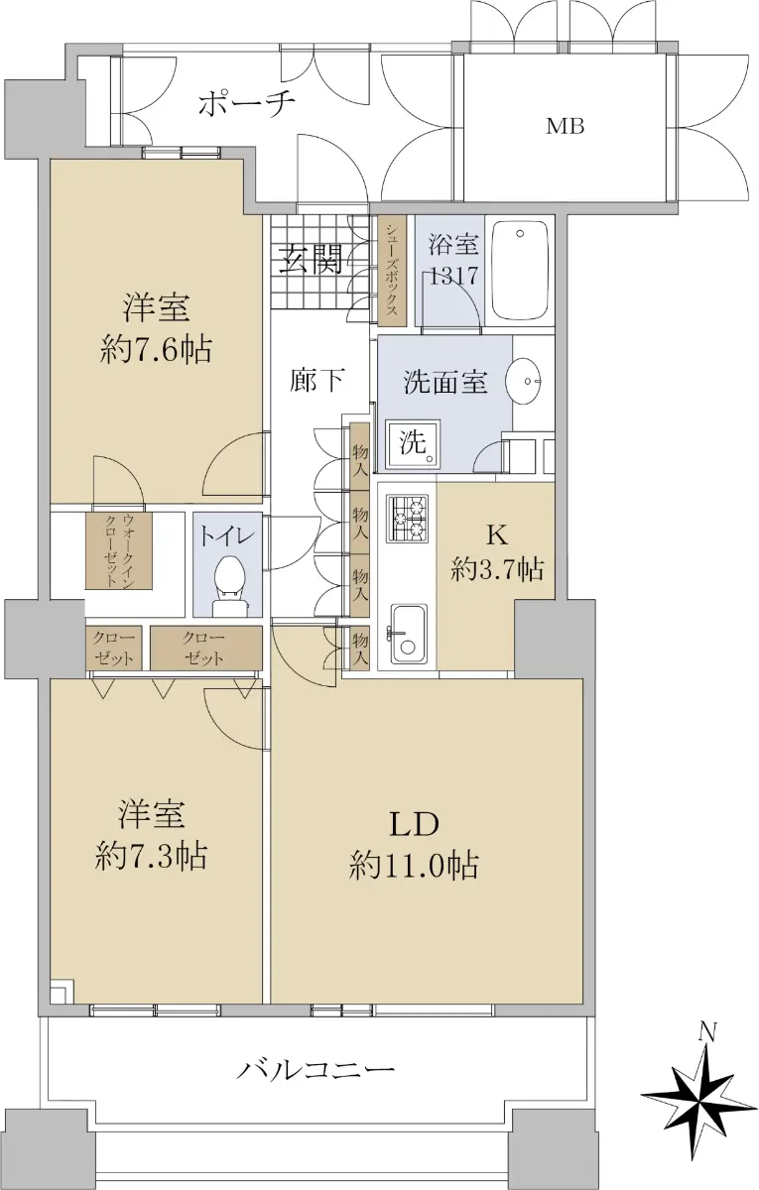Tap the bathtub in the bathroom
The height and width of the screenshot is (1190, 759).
(x=519, y=271)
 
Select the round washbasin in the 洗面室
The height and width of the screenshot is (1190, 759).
(x=524, y=381)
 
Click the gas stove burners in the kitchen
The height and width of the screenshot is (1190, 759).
(x=408, y=518)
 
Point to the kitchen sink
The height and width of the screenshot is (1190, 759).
(x=408, y=634)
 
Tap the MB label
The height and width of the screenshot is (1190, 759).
(x=566, y=127)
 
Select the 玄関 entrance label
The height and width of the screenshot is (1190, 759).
(x=311, y=259)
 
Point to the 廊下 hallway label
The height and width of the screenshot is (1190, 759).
(x=317, y=381)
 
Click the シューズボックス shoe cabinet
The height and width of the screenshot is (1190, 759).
(x=392, y=271)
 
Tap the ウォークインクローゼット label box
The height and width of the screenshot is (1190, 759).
(x=120, y=549)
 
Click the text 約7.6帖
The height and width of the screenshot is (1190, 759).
(x=155, y=350)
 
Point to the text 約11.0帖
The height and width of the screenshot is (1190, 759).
(x=413, y=866)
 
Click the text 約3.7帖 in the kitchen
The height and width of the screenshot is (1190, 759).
(x=497, y=570)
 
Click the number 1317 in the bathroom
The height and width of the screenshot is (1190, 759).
(x=454, y=277)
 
